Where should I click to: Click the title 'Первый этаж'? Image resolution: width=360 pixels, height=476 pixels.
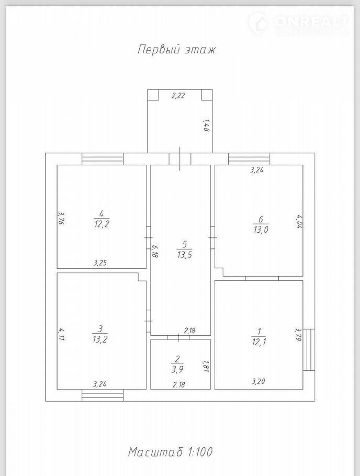click(x=176, y=49)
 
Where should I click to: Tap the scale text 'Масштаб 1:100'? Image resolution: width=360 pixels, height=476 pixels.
click(x=170, y=452)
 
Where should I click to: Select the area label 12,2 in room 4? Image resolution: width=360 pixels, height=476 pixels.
click(x=102, y=224)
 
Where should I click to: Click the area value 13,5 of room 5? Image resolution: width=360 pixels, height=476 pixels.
click(x=185, y=255)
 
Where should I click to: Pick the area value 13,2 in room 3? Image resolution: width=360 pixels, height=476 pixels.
click(x=100, y=339)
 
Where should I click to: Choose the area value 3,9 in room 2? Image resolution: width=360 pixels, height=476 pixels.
click(x=177, y=369)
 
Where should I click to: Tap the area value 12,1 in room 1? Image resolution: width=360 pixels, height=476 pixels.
click(x=259, y=342)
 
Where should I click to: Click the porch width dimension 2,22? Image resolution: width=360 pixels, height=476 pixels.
click(x=178, y=96)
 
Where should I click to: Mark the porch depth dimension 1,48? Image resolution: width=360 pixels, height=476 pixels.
click(x=206, y=125)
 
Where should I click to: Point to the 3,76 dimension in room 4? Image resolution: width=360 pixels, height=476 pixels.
click(x=61, y=218)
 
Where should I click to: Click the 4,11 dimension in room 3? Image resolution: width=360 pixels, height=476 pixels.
click(x=61, y=334)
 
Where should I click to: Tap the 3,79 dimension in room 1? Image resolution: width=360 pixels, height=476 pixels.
click(x=298, y=334)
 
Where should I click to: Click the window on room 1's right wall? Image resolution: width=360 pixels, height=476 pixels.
click(x=309, y=349)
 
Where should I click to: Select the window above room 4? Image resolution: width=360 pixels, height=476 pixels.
click(x=103, y=159)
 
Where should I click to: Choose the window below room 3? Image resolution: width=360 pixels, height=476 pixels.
click(x=103, y=395)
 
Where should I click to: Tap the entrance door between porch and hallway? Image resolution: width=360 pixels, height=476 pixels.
click(x=180, y=159)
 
